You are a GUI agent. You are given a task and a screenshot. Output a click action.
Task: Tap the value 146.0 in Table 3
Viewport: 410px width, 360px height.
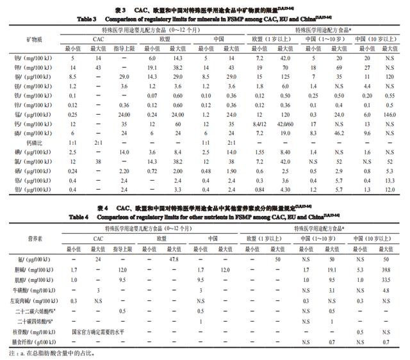click(389, 112)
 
